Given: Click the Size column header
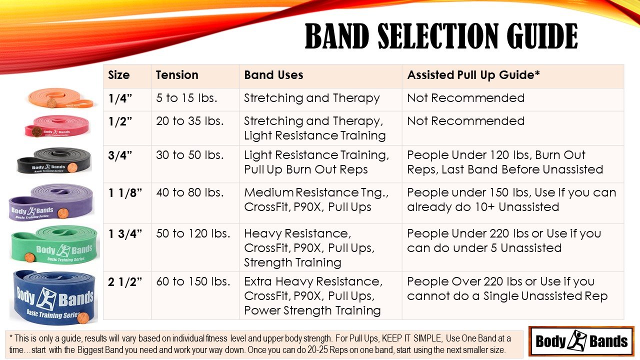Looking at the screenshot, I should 118,75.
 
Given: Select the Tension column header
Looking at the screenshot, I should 177,75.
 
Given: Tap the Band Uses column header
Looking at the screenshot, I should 273,75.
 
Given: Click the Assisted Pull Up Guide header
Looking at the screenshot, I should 473,75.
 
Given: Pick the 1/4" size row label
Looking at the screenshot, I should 119,98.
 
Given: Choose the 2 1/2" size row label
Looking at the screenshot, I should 125,282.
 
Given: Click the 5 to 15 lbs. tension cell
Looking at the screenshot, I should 186,98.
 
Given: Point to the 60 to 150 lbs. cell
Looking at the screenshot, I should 193,282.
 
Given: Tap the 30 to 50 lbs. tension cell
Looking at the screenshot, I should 190,155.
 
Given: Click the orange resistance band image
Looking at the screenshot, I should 60,98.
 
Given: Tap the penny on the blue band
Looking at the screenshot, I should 82,317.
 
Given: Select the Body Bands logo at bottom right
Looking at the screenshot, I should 581,341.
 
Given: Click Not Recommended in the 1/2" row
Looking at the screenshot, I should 465,121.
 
